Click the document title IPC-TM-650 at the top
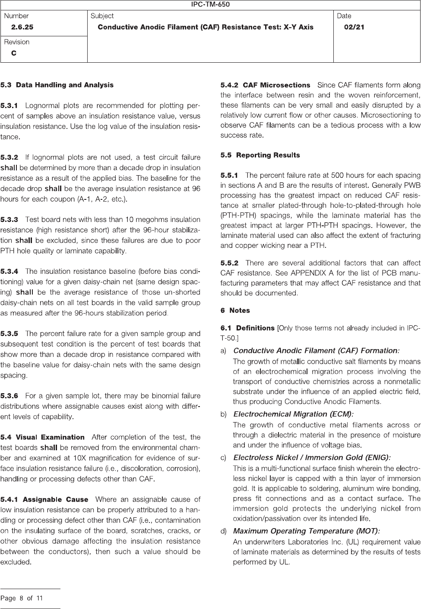210,5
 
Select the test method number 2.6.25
22,27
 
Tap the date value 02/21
354,27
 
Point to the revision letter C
14,53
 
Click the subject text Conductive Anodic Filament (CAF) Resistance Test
206,27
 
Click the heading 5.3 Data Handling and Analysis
57,85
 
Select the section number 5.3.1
9,106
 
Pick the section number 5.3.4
9,271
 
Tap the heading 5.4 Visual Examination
42,437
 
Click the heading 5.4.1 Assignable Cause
44,500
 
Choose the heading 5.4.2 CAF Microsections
265,85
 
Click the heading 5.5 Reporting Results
260,155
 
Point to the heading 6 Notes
235,311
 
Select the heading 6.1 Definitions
247,328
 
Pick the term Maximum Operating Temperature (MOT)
306,531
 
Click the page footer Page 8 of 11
22,599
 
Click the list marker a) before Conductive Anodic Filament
224,351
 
